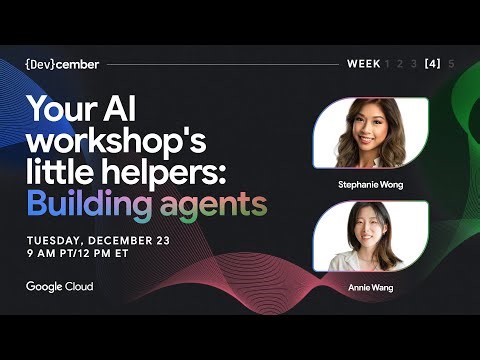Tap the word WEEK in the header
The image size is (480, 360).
click(x=363, y=63)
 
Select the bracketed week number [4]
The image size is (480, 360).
click(x=432, y=63)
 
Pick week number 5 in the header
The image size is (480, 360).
click(x=452, y=63)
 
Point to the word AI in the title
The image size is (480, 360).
click(x=127, y=109)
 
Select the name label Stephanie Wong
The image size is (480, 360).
click(x=371, y=185)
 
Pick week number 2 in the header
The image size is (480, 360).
click(x=400, y=63)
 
